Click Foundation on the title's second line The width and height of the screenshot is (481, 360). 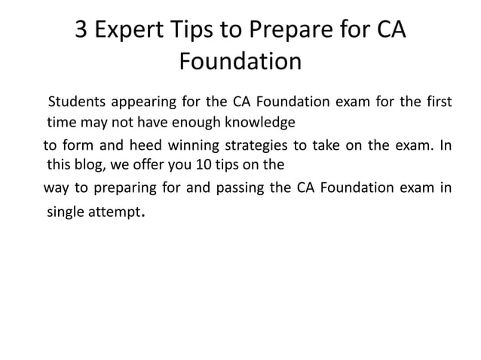tap(240, 61)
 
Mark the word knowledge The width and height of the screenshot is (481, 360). tap(256, 121)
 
